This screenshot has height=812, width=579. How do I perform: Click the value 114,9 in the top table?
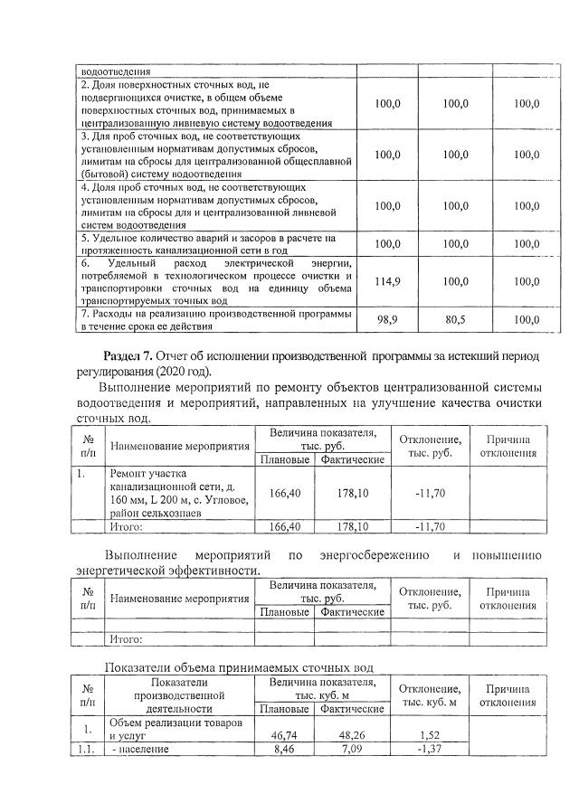click(x=388, y=282)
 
